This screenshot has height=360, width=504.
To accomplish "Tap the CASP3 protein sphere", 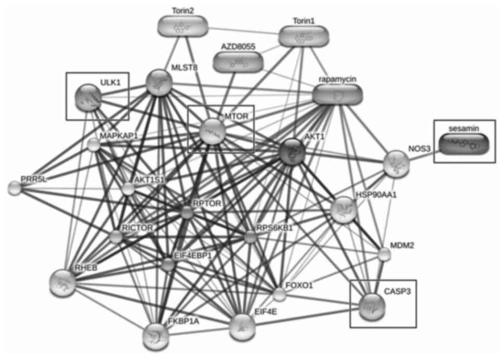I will [x=372, y=306].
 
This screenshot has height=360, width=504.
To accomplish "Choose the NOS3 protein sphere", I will [x=396, y=163].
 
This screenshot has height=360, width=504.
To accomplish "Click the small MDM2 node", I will [x=384, y=254].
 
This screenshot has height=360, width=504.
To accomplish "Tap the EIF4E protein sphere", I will [x=242, y=327].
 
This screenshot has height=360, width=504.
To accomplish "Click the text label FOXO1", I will [x=300, y=286].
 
